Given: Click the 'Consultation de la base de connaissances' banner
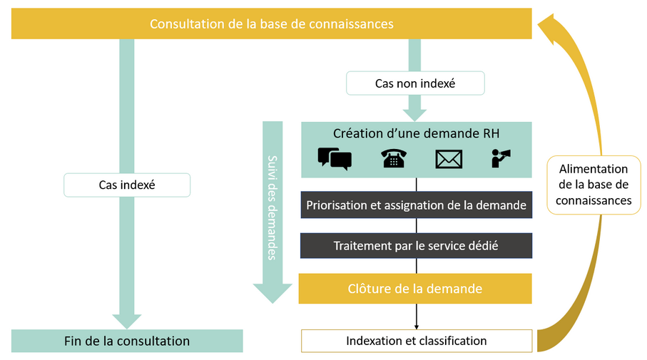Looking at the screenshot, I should click(x=272, y=24).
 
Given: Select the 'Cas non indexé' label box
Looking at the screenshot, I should click(x=415, y=83).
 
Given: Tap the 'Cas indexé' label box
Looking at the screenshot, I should click(x=127, y=185).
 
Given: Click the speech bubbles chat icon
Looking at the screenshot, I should click(x=335, y=158).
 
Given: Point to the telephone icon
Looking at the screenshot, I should click(x=393, y=158).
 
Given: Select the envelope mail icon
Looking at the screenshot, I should click(x=449, y=159).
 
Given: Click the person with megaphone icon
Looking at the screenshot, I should click(x=501, y=158).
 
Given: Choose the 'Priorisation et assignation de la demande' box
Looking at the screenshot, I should click(x=416, y=205).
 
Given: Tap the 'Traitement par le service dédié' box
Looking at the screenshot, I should click(x=416, y=246).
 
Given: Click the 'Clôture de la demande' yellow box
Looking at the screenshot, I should click(x=415, y=289).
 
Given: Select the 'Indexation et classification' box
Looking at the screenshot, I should click(x=417, y=341).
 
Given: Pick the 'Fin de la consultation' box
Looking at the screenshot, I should click(x=127, y=341).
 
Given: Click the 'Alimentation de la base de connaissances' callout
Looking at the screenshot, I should click(x=593, y=185).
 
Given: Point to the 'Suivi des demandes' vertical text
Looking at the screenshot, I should click(x=272, y=207).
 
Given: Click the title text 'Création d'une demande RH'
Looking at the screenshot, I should click(x=416, y=134).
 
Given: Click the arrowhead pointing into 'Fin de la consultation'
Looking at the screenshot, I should click(x=127, y=321).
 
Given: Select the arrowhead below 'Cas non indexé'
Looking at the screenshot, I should click(x=414, y=113).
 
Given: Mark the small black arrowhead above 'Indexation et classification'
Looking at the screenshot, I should click(x=416, y=325).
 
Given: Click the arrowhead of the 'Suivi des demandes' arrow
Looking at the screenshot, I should click(x=272, y=293).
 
